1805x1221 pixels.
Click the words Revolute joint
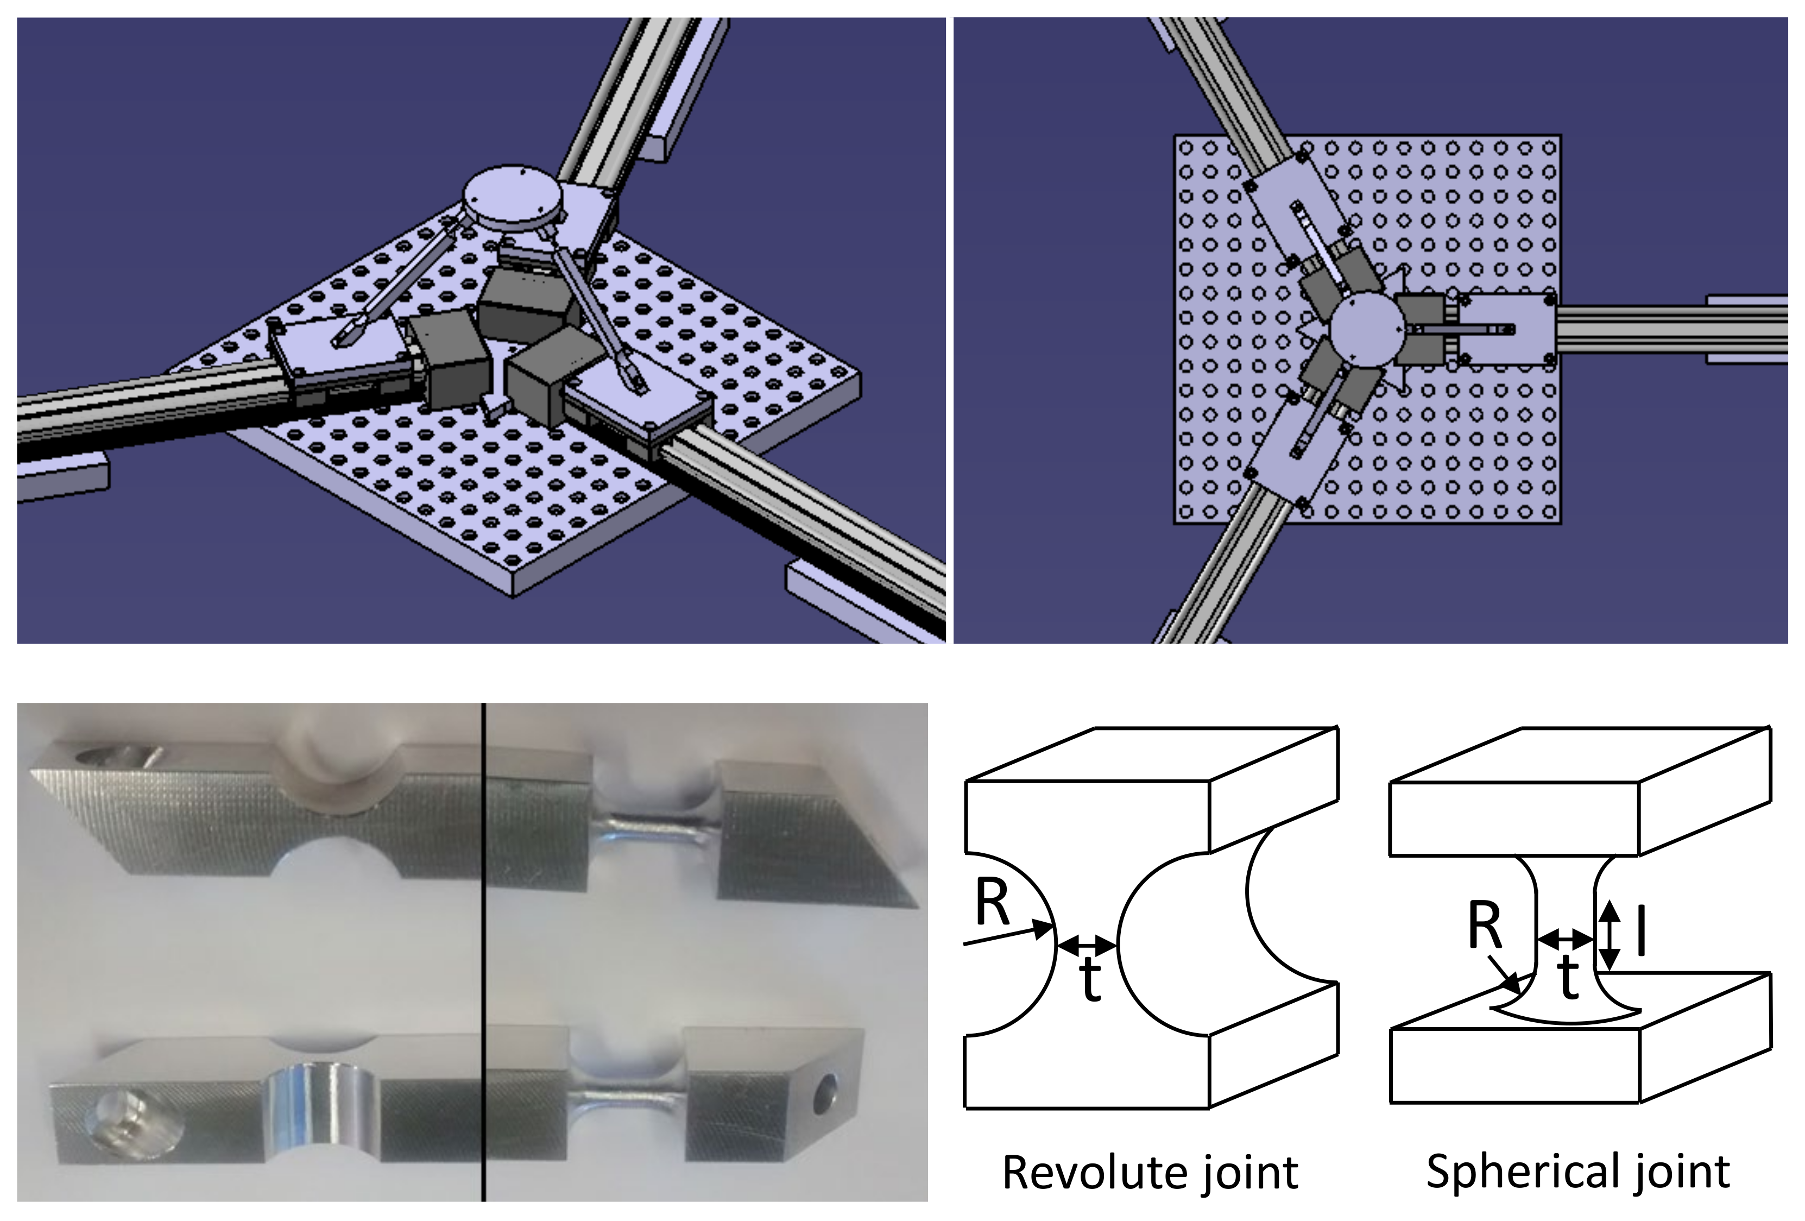tap(1150, 1172)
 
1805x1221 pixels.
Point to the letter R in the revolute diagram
tap(992, 905)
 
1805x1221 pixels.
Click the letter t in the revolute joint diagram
tap(1091, 980)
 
